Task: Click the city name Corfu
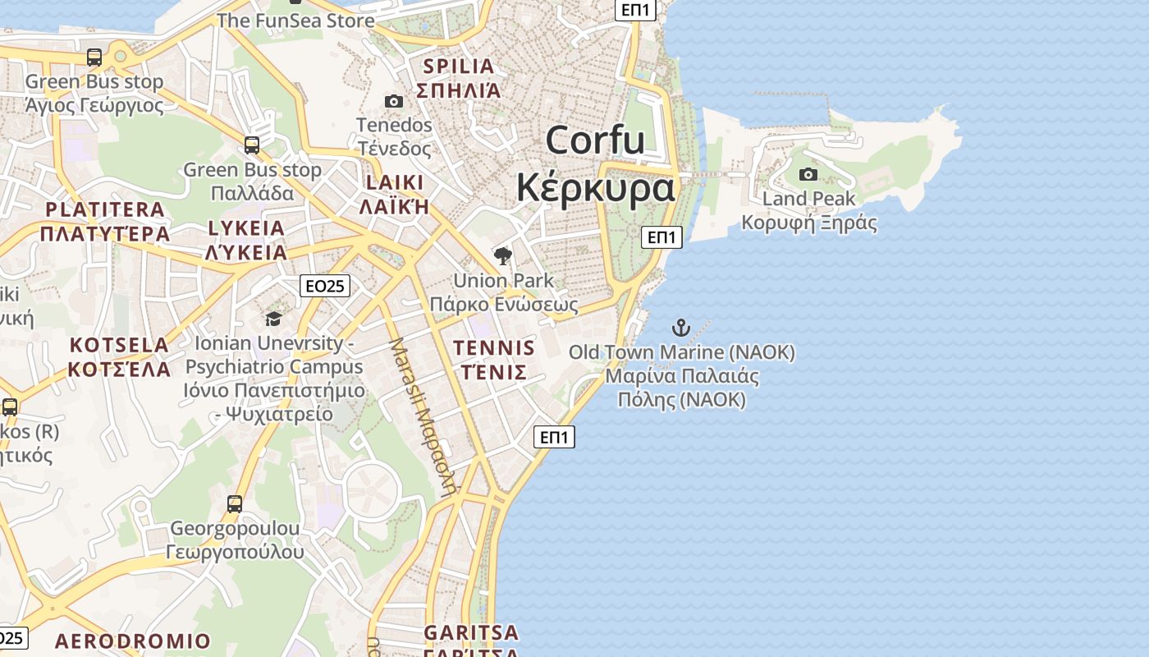click(595, 140)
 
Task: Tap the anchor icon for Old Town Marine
click(681, 328)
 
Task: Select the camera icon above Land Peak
click(808, 174)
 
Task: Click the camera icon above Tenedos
click(394, 102)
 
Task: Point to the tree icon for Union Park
click(503, 256)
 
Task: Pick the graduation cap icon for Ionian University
click(273, 319)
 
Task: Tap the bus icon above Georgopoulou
click(235, 503)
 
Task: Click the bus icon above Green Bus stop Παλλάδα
click(252, 145)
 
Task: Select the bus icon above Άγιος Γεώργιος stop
click(94, 57)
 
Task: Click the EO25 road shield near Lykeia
click(325, 286)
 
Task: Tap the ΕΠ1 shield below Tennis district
click(555, 437)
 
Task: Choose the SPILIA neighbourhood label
click(458, 67)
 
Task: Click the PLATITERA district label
click(105, 209)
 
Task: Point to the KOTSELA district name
click(119, 345)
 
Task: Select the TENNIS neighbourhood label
click(494, 348)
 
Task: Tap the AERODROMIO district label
click(133, 641)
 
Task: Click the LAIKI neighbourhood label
click(395, 182)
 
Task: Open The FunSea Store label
click(295, 21)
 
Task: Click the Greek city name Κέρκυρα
click(595, 188)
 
